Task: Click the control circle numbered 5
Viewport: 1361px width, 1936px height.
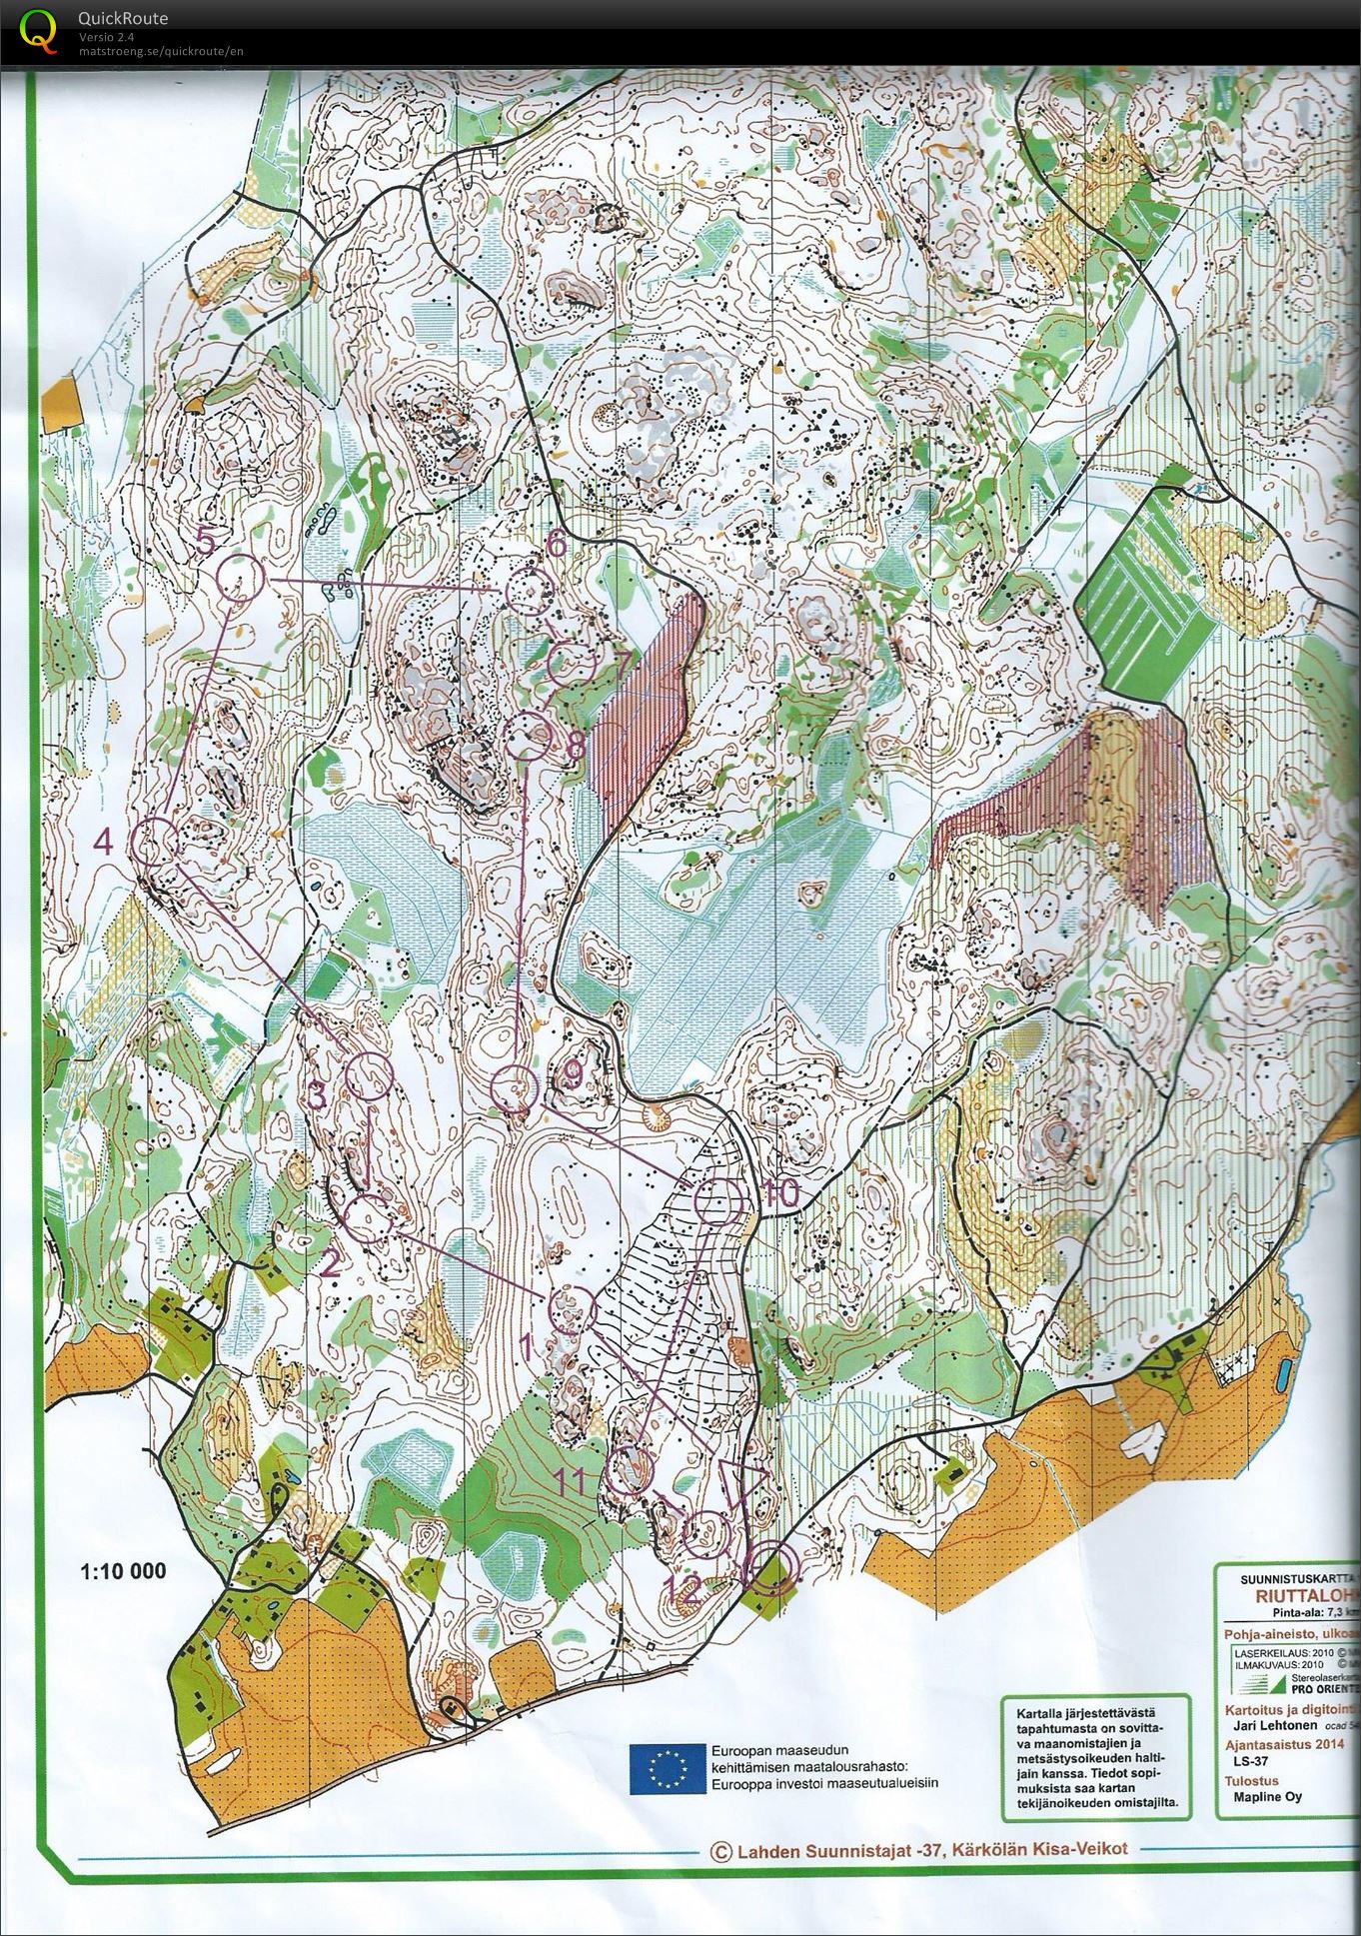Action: coord(240,578)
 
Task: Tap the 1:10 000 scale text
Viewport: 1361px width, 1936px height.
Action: coord(123,1571)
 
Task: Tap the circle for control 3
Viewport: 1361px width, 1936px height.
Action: coord(368,1075)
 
